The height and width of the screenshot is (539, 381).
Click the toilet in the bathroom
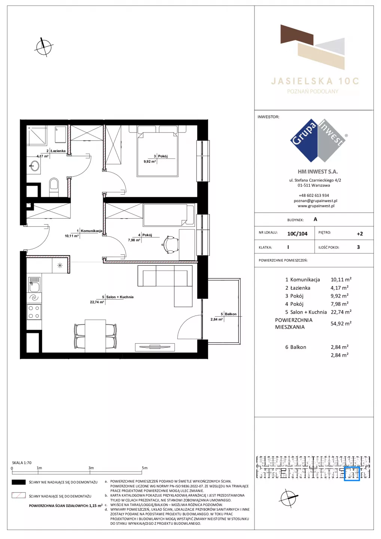(x=54, y=187)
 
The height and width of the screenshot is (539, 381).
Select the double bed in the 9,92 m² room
(x=157, y=153)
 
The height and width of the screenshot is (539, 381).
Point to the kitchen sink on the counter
(x=34, y=284)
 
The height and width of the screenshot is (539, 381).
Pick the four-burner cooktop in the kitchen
(x=34, y=312)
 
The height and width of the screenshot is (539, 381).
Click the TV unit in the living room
(x=155, y=347)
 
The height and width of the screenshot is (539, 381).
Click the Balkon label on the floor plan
(x=231, y=314)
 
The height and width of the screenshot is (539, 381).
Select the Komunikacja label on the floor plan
(x=91, y=231)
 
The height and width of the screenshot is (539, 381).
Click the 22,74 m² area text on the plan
(x=97, y=302)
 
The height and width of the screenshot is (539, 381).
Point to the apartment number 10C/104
(x=297, y=234)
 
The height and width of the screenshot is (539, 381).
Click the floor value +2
(x=360, y=234)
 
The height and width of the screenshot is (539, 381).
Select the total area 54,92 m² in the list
(x=341, y=323)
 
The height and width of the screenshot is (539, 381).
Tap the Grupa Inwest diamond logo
(x=318, y=140)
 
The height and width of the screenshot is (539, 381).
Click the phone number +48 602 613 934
(x=314, y=195)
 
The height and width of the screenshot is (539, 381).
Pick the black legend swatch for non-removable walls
(x=19, y=482)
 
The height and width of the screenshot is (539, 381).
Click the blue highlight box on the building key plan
(x=352, y=474)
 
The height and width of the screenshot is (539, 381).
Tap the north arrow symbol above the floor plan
(x=44, y=47)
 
